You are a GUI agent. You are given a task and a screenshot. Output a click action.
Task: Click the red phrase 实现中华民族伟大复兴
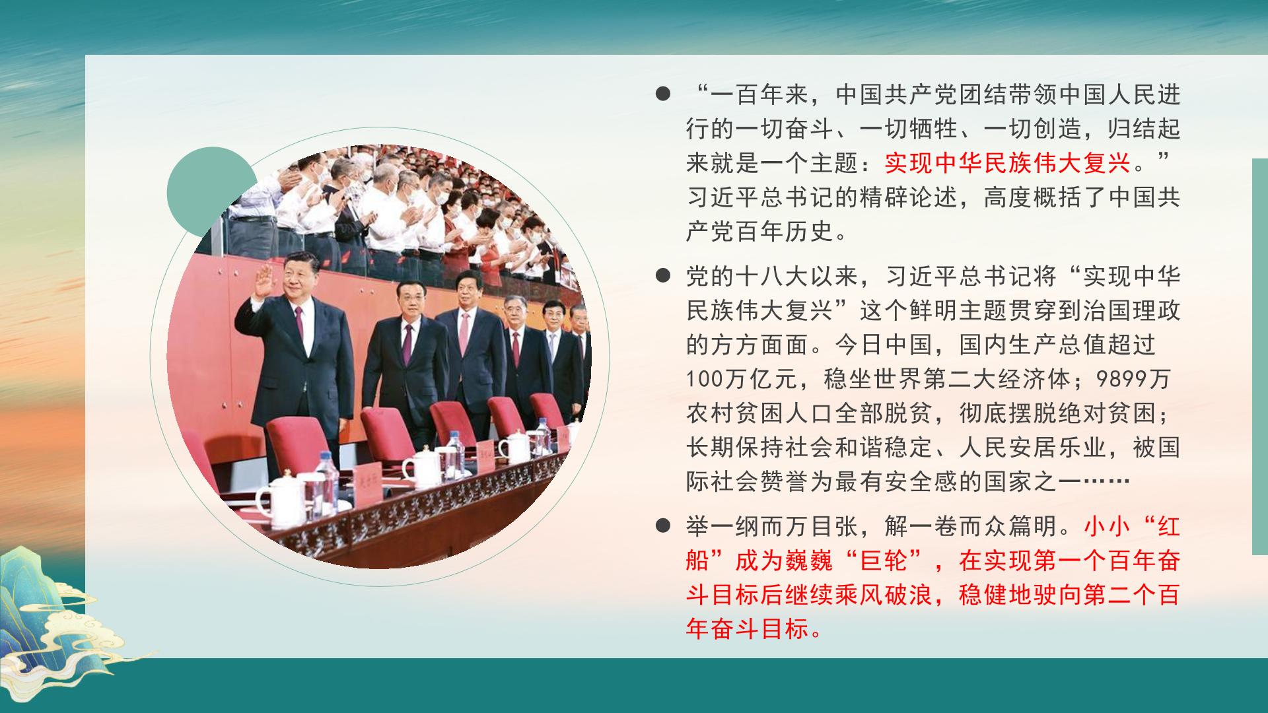coord(1007,163)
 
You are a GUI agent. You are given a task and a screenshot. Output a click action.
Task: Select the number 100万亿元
coord(747,379)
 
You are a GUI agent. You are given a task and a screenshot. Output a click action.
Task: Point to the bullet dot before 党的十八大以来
coord(662,275)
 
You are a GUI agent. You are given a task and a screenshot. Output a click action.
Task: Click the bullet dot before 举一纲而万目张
coord(662,526)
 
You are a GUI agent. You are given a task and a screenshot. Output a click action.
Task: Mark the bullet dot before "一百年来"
coord(662,94)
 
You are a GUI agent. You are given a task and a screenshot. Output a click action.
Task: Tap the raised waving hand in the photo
coord(262,281)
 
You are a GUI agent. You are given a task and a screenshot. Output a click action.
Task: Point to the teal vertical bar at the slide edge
coord(1260,356)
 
